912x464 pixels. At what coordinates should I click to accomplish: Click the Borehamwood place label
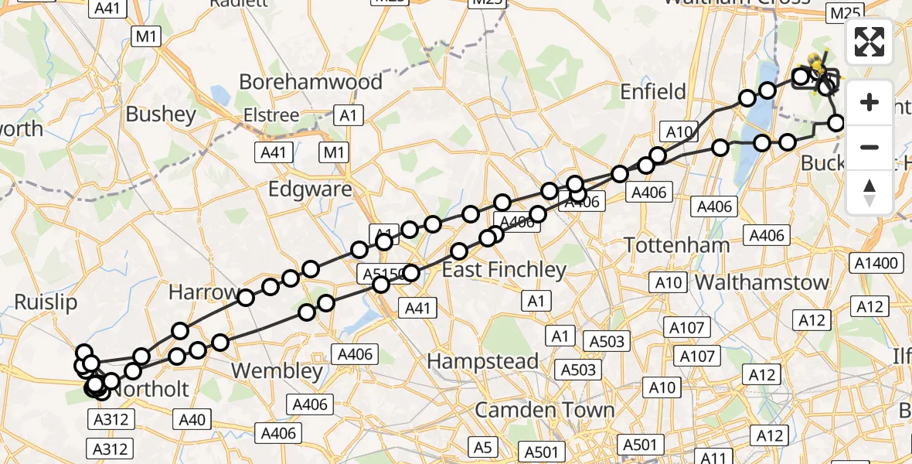coord(311,82)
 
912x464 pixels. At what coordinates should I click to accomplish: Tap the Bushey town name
coord(161,114)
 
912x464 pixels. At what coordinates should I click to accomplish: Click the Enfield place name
coord(653,92)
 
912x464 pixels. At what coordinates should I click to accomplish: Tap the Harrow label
coord(203,292)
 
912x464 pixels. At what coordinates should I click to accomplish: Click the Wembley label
coord(277,371)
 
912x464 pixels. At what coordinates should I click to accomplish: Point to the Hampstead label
coord(483,361)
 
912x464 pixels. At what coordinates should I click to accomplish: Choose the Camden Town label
coord(545,410)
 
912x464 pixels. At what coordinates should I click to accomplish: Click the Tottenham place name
coord(676,245)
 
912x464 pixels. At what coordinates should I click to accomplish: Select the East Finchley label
coord(504,270)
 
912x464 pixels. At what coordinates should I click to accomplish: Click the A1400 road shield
coord(877,264)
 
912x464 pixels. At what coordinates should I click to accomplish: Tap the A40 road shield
coord(192,420)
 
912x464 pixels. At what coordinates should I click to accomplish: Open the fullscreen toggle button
coord(869,43)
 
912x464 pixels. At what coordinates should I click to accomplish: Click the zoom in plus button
coord(869,102)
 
